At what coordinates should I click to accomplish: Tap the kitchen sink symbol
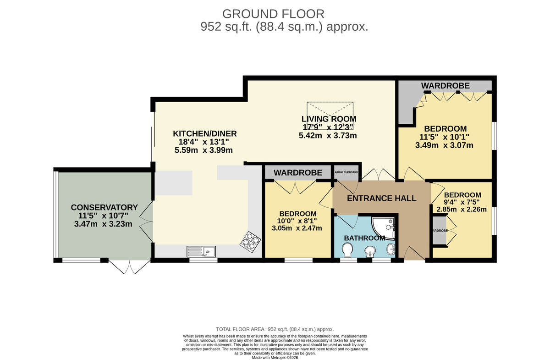[202, 251]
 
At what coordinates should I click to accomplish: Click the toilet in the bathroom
[347, 249]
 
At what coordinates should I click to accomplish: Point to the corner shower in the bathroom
[385, 228]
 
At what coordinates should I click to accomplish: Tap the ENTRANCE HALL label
[381, 199]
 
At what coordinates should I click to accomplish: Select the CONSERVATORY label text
[104, 207]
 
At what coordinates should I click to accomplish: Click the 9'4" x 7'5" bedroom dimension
[462, 203]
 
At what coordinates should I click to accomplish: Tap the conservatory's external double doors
[130, 267]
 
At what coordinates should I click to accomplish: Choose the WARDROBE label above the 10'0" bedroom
[297, 172]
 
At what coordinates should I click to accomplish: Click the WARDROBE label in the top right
[445, 85]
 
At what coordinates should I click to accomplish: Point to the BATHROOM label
[364, 238]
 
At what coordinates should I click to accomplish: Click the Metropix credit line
[275, 357]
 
